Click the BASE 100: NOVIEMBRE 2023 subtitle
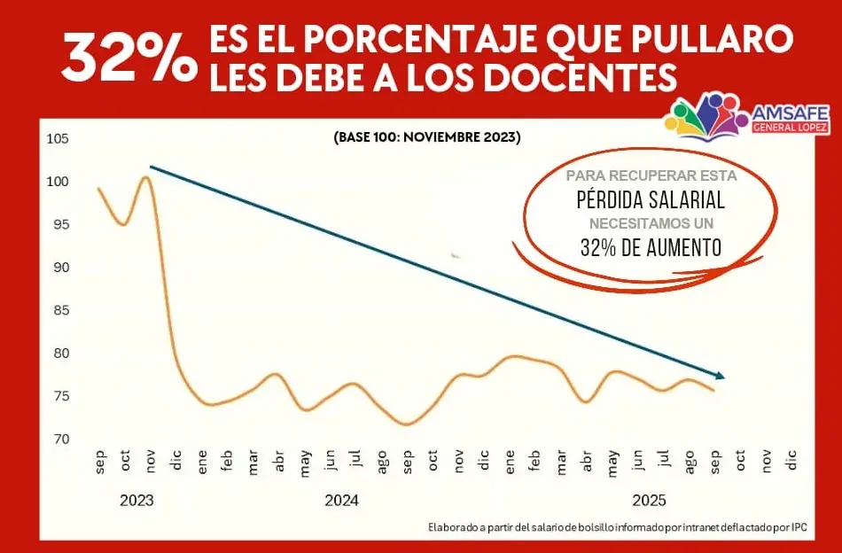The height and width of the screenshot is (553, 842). point(427,138)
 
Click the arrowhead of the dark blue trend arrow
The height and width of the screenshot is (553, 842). point(721,376)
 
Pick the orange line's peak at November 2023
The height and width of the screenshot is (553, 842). point(146,178)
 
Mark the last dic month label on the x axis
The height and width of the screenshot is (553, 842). point(791,459)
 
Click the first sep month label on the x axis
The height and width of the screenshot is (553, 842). point(99,460)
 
